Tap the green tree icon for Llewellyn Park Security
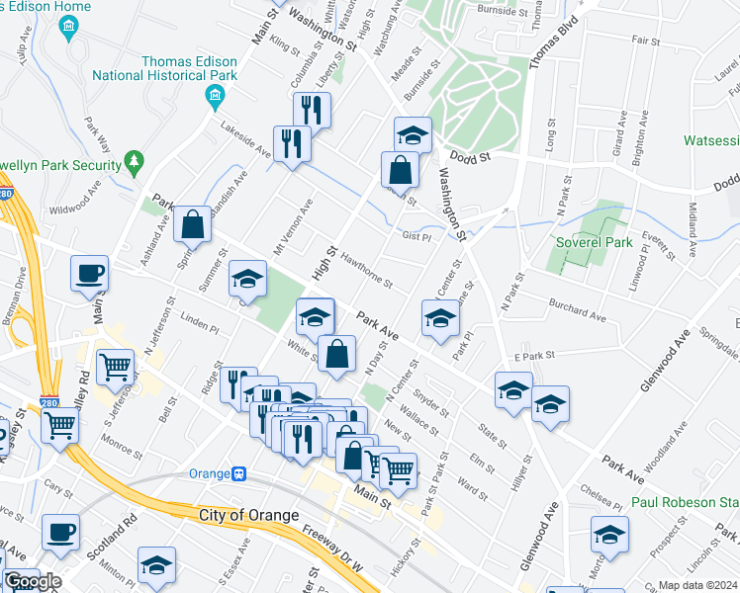tap(135, 160)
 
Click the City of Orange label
tap(248, 515)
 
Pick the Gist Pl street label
tap(416, 236)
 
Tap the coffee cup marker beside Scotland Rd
tap(60, 532)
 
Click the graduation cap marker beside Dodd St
tap(413, 133)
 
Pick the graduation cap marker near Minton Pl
tap(156, 564)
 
